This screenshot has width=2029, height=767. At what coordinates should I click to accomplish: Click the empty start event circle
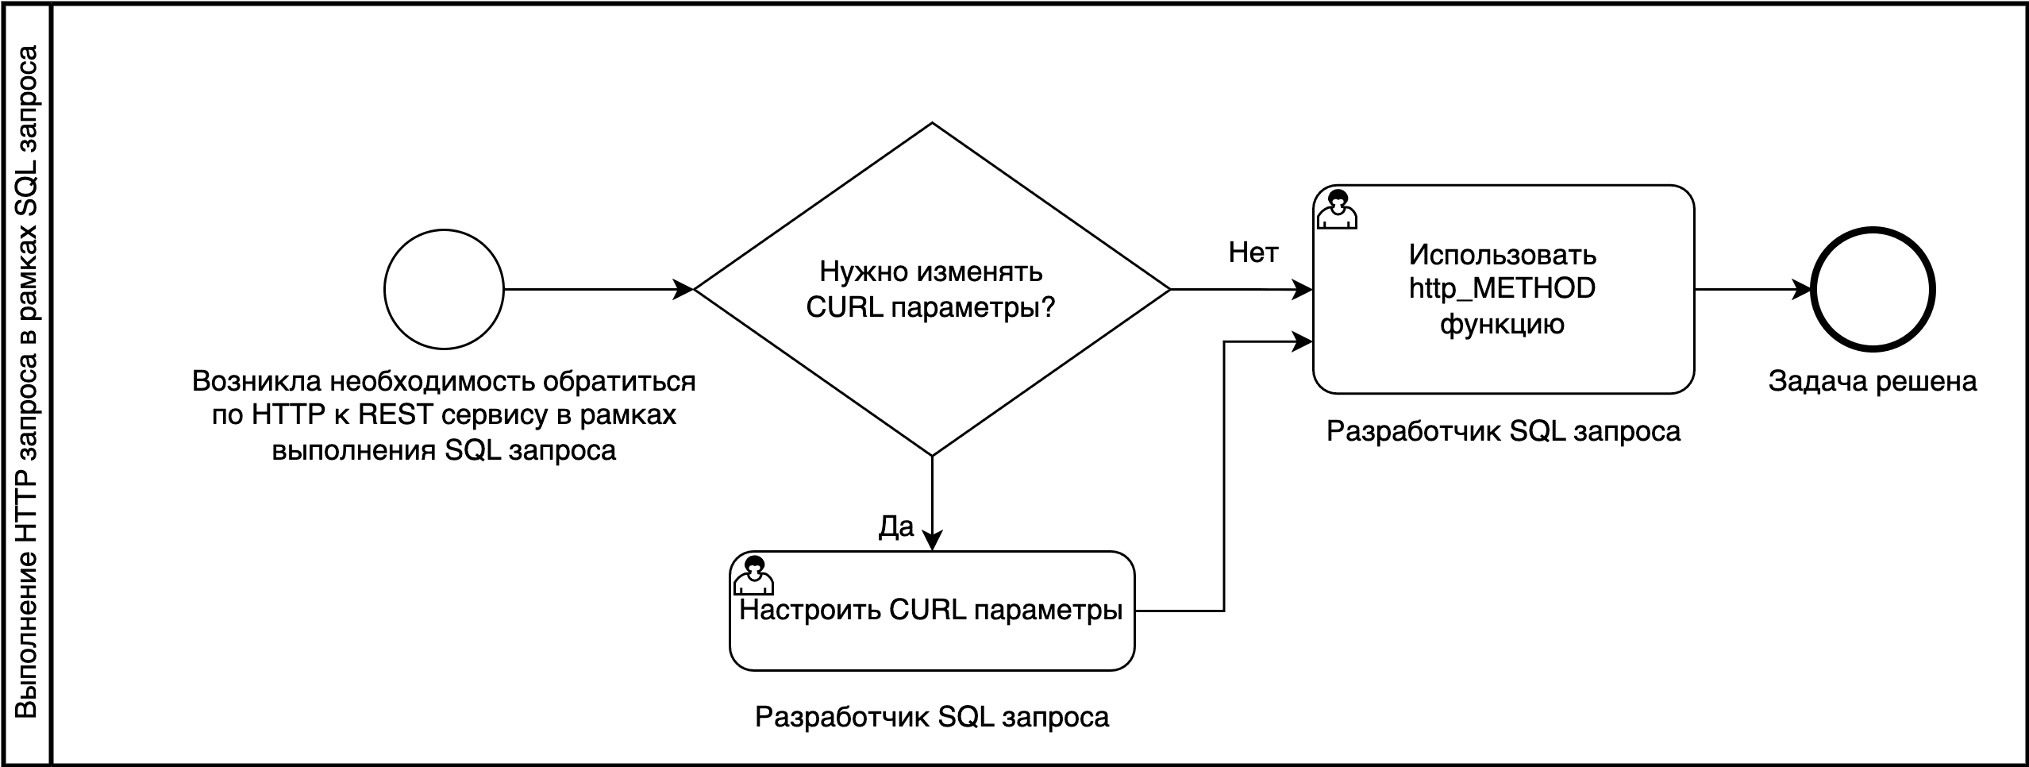(x=444, y=290)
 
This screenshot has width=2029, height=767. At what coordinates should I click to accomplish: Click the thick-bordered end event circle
(x=1873, y=290)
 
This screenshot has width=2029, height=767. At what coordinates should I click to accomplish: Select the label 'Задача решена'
(x=1873, y=382)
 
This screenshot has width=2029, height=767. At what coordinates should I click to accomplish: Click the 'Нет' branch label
(x=1253, y=252)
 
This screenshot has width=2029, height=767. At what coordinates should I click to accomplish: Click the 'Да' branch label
(x=896, y=526)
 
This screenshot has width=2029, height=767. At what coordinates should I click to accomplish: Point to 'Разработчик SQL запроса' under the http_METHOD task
(x=1503, y=431)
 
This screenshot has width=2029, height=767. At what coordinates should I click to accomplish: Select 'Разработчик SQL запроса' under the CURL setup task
(x=932, y=717)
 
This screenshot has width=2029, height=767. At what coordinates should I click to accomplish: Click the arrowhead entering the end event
(x=1802, y=290)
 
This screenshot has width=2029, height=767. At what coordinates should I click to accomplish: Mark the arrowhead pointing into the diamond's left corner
(x=683, y=290)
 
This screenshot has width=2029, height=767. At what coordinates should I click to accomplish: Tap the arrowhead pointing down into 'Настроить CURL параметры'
(x=932, y=540)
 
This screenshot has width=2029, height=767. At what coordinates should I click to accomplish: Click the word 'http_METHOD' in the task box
(x=1502, y=288)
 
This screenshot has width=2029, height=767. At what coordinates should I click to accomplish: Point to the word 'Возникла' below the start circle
(x=256, y=382)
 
